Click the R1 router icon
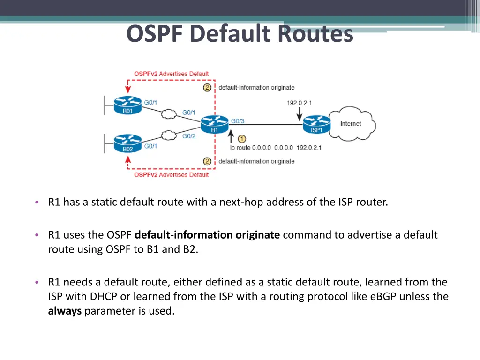coord(214,124)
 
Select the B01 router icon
coord(127,105)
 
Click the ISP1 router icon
coord(317,124)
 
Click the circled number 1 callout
coord(242,139)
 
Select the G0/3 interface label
coord(238,121)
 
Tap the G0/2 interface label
coord(189,136)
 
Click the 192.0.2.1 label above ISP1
coord(300,103)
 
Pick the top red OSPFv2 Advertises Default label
coord(171,74)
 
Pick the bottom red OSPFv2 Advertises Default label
coord(171,175)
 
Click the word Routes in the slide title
coord(315,34)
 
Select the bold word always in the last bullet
coord(65,311)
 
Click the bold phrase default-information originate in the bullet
coord(207,235)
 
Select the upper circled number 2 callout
coord(207,87)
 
